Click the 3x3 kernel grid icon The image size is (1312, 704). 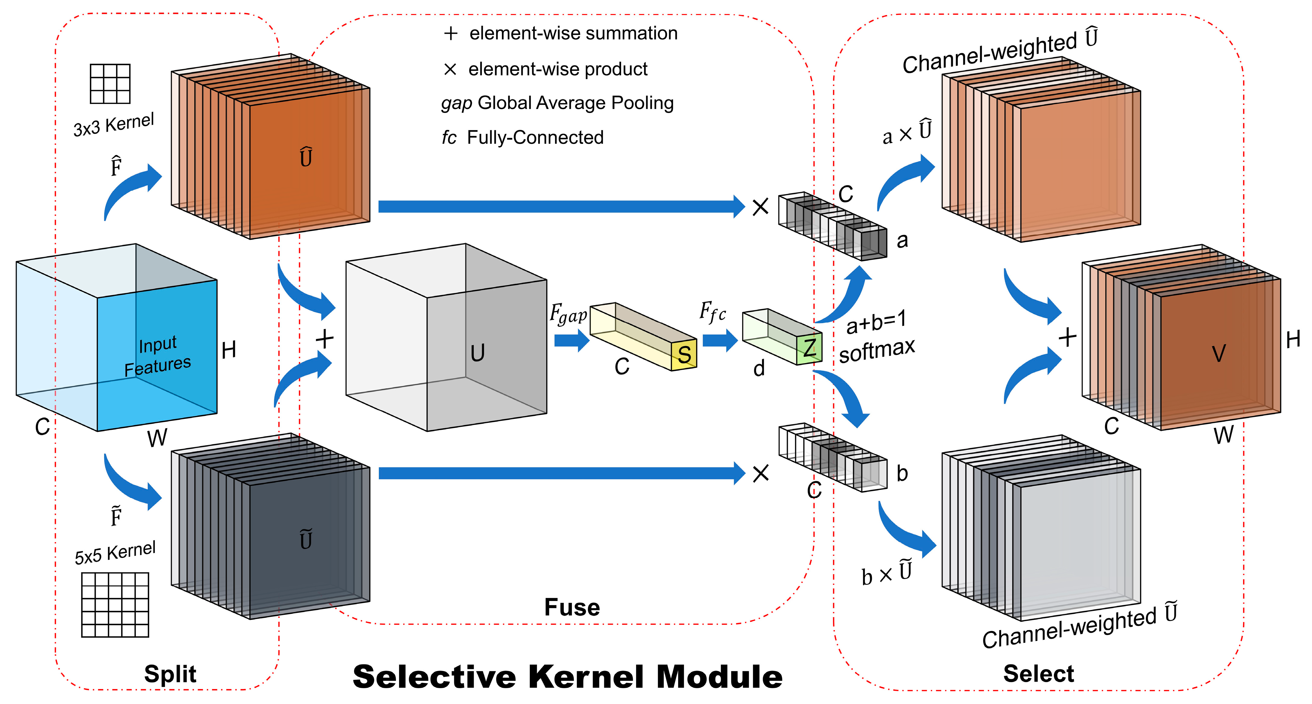(x=110, y=83)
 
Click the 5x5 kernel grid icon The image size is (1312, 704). (x=115, y=605)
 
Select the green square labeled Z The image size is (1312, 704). (x=809, y=348)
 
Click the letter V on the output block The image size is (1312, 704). (x=1218, y=353)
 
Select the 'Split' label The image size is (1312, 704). (x=170, y=674)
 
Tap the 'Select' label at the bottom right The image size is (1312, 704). (x=1038, y=674)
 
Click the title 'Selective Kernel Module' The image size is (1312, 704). (x=567, y=676)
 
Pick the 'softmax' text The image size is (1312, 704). (x=877, y=351)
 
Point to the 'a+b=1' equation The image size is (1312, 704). (x=876, y=322)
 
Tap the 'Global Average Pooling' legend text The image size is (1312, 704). (x=575, y=103)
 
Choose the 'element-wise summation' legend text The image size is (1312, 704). (x=573, y=34)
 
